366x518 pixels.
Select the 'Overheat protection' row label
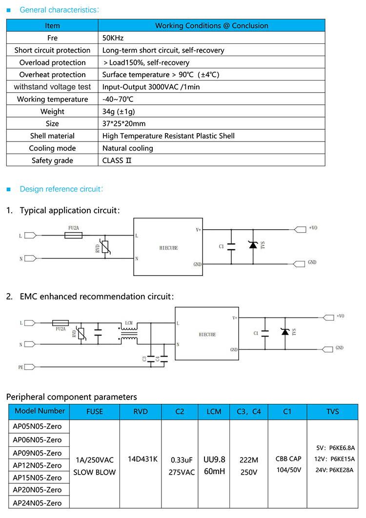click(52, 75)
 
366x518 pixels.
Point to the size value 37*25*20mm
click(124, 124)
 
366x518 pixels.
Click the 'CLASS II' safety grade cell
click(118, 160)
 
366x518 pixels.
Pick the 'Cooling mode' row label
click(52, 148)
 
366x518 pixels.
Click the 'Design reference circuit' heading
click(61, 189)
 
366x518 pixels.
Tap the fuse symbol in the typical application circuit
click(77, 235)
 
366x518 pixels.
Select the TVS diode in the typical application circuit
click(253, 245)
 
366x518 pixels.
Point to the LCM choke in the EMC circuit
click(129, 332)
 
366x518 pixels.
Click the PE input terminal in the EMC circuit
click(30, 366)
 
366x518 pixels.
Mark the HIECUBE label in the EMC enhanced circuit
click(207, 335)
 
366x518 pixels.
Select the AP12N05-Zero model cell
click(37, 465)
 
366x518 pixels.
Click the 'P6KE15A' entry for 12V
click(342, 459)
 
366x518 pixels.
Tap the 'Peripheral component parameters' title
click(72, 397)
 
